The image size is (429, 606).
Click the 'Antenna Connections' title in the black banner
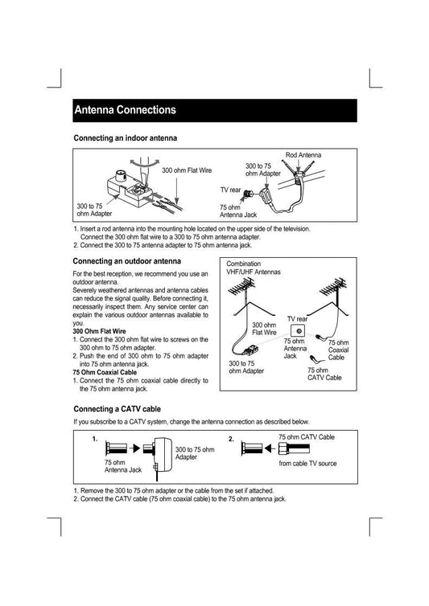(x=125, y=110)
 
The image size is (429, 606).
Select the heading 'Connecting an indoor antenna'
(x=125, y=138)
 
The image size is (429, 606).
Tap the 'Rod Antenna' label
(x=303, y=155)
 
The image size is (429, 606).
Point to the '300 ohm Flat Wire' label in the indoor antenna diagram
(x=187, y=170)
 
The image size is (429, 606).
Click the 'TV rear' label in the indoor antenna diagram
(x=230, y=190)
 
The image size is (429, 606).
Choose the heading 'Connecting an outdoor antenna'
(x=127, y=261)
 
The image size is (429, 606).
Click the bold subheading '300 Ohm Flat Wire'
(x=99, y=331)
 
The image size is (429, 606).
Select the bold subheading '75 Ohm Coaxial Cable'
(x=105, y=372)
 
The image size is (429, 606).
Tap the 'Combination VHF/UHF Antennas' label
(x=254, y=268)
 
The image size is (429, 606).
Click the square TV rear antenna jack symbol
(x=298, y=330)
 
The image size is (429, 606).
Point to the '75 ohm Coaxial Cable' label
(x=338, y=350)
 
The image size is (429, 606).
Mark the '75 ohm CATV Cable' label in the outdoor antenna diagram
(x=324, y=374)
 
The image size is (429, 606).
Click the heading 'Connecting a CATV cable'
(x=117, y=409)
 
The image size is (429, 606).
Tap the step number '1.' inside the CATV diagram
(x=95, y=439)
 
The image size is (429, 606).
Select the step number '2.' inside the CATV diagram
(x=231, y=439)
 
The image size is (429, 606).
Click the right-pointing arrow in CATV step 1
(x=134, y=448)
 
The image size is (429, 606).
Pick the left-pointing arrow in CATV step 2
(x=270, y=448)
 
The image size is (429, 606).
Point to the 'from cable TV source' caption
(x=307, y=464)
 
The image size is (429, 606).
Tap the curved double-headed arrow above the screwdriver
(x=144, y=162)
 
